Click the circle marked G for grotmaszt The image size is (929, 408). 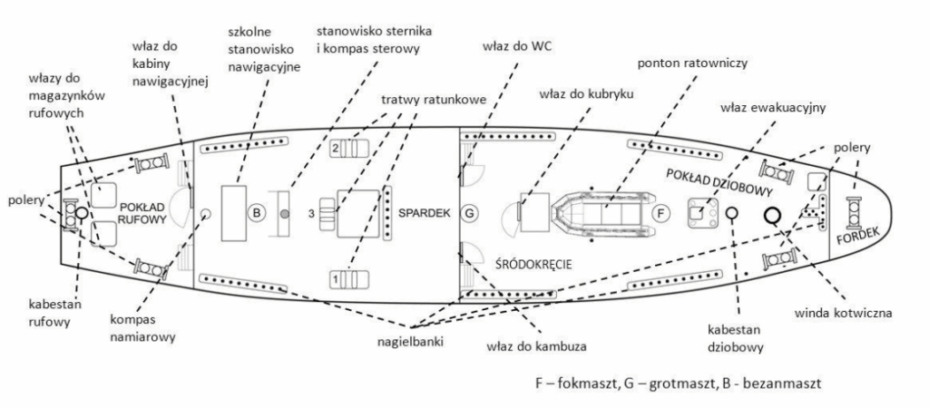tap(469, 214)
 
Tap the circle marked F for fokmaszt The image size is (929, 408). tap(661, 214)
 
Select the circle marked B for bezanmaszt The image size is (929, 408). tap(257, 214)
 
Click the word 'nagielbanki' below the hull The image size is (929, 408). tap(409, 342)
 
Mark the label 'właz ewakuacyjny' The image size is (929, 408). tap(772, 107)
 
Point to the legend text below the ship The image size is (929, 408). tap(679, 383)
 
